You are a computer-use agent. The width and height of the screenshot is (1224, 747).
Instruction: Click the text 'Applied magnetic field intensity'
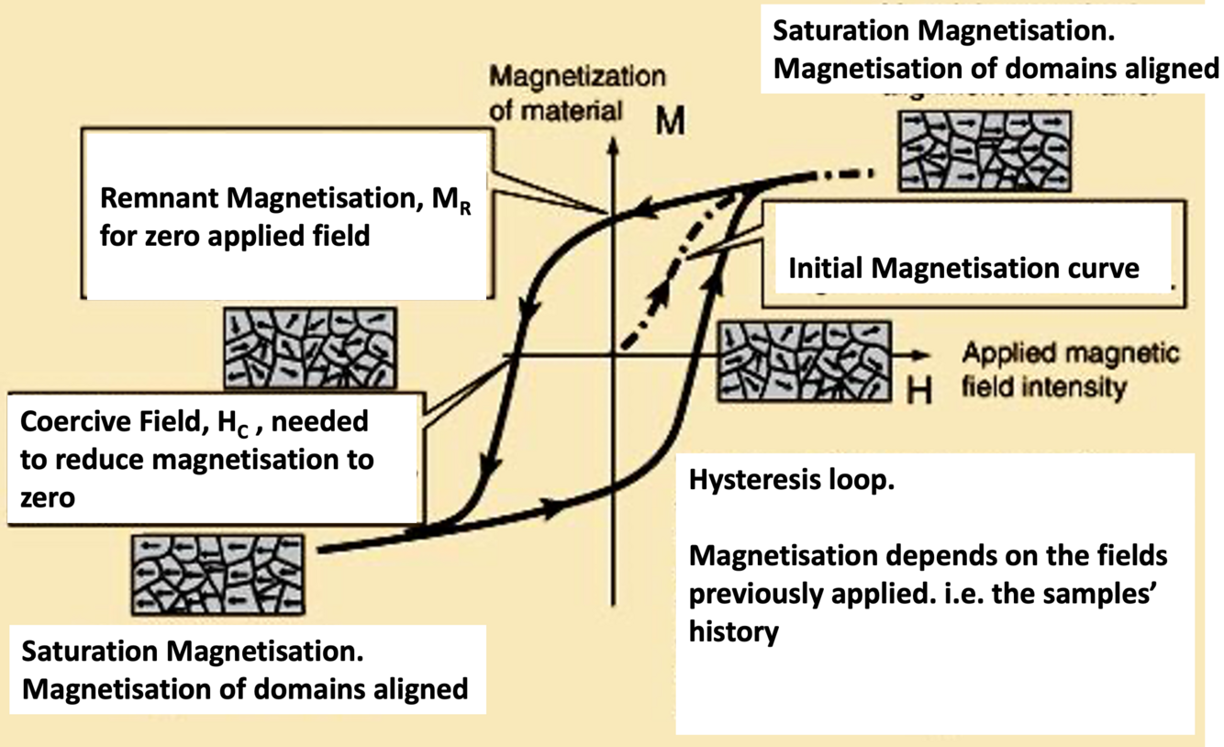click(1070, 371)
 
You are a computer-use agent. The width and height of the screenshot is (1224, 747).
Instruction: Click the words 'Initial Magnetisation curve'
click(963, 268)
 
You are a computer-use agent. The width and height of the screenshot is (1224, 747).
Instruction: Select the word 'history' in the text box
click(733, 632)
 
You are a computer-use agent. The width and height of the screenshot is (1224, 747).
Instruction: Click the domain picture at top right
click(985, 151)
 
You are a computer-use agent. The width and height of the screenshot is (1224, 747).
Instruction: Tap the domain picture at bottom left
click(217, 575)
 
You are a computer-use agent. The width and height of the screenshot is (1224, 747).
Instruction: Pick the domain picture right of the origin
click(805, 359)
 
